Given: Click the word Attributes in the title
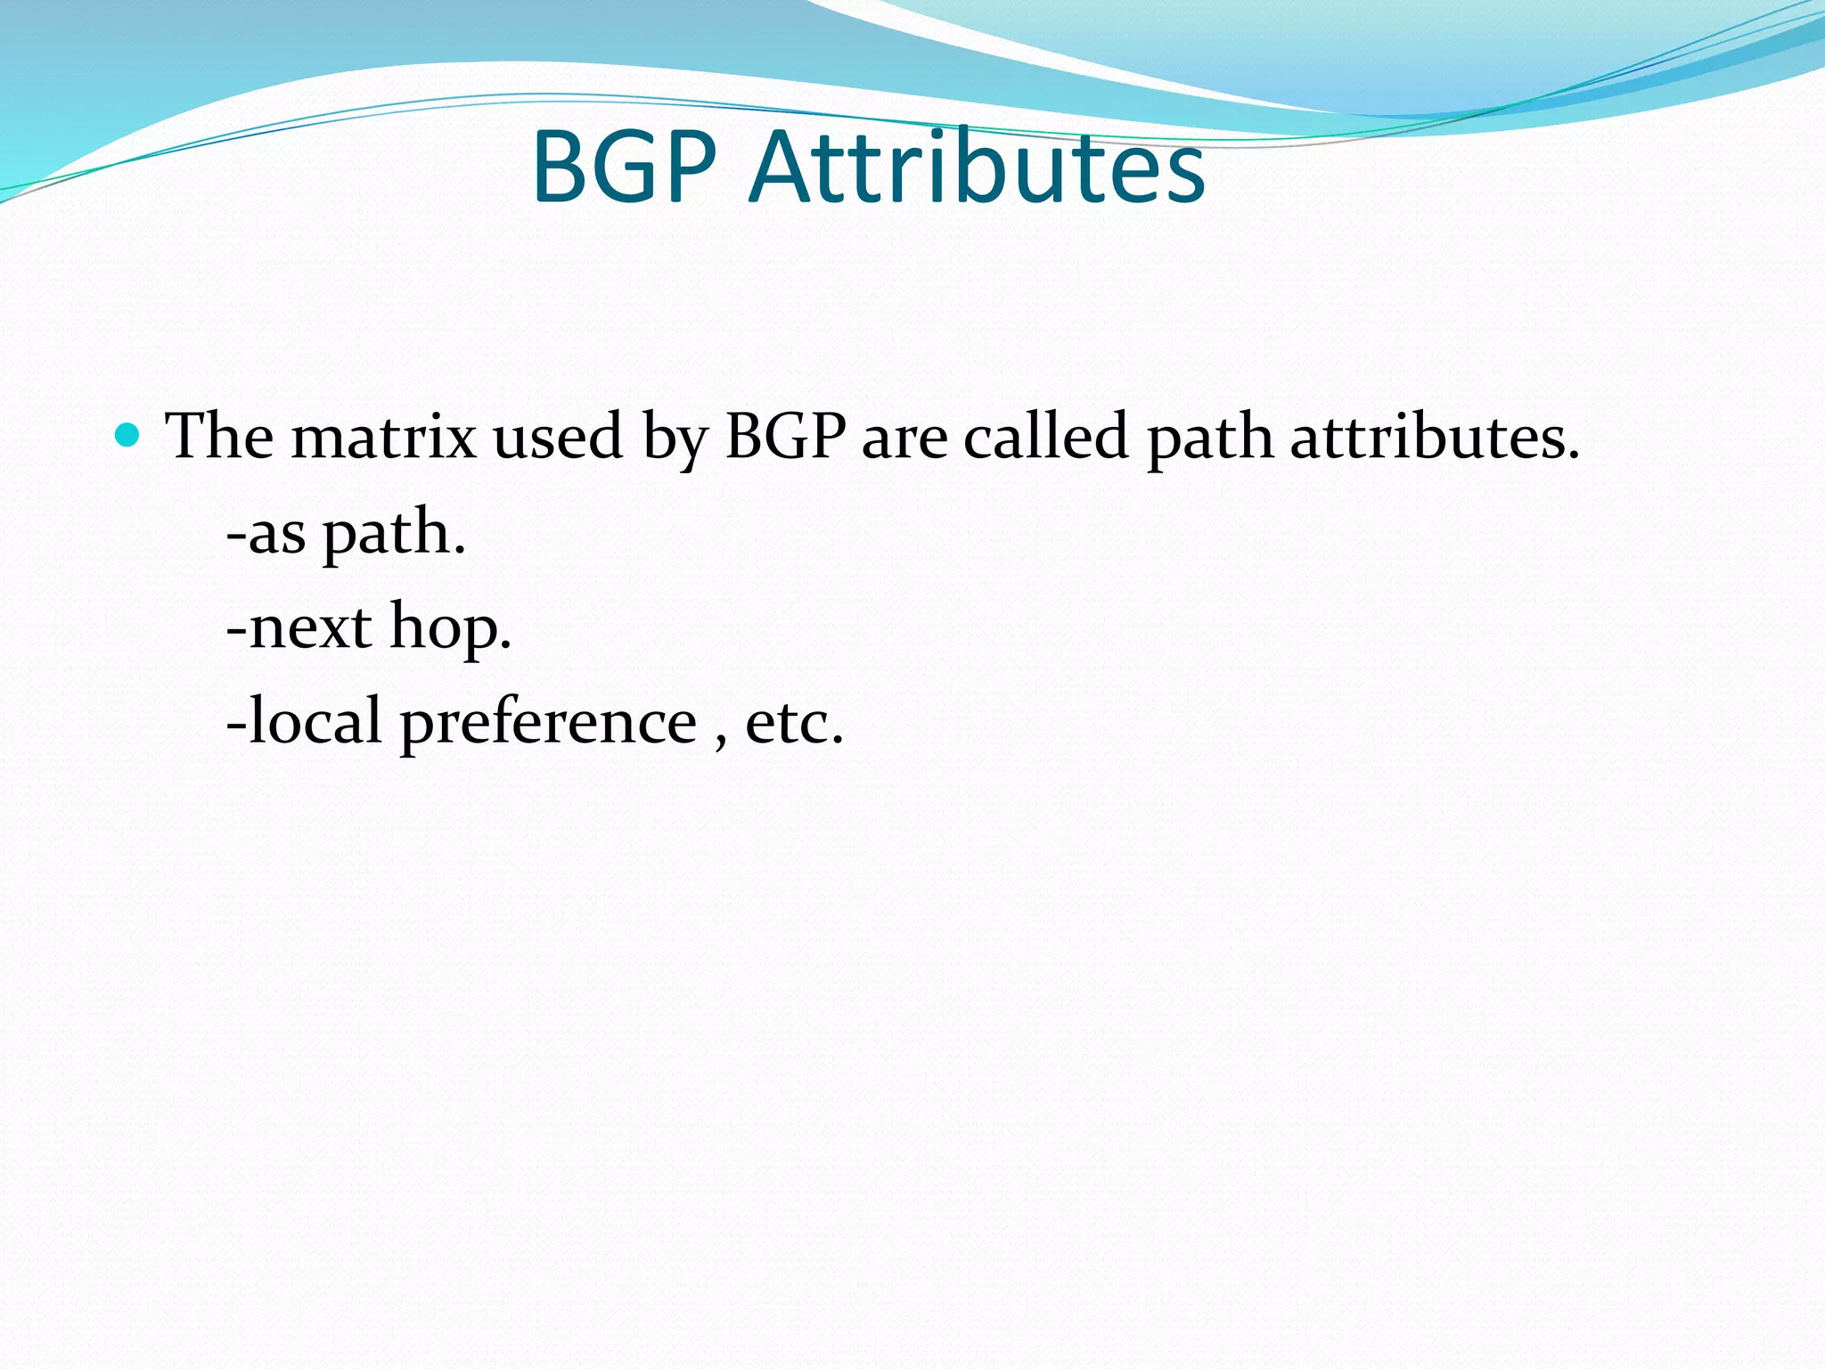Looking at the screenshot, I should click(x=978, y=167).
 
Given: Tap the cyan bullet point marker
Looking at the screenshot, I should click(x=128, y=435).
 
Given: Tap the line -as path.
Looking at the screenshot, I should click(x=346, y=534).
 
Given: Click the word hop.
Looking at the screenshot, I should click(x=451, y=629).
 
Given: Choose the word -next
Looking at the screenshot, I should click(x=299, y=627).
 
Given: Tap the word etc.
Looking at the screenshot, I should click(x=794, y=722).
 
